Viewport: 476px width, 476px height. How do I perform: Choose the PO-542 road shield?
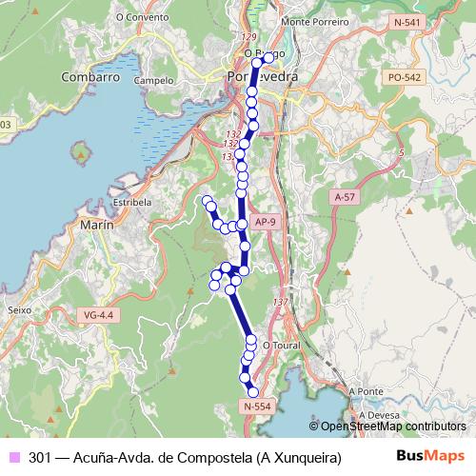click(x=405, y=77)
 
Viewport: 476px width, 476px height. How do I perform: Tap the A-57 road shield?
click(x=345, y=195)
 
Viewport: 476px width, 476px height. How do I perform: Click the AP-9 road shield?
click(x=268, y=223)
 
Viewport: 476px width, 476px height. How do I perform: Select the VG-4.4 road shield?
click(x=98, y=314)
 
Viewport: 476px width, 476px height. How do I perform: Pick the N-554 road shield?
click(x=258, y=407)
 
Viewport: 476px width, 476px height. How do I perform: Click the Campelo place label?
click(x=154, y=81)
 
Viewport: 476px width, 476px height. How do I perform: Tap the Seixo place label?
click(x=19, y=309)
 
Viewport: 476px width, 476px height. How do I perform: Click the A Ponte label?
click(x=365, y=391)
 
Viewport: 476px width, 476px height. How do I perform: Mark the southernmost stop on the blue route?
click(x=253, y=392)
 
